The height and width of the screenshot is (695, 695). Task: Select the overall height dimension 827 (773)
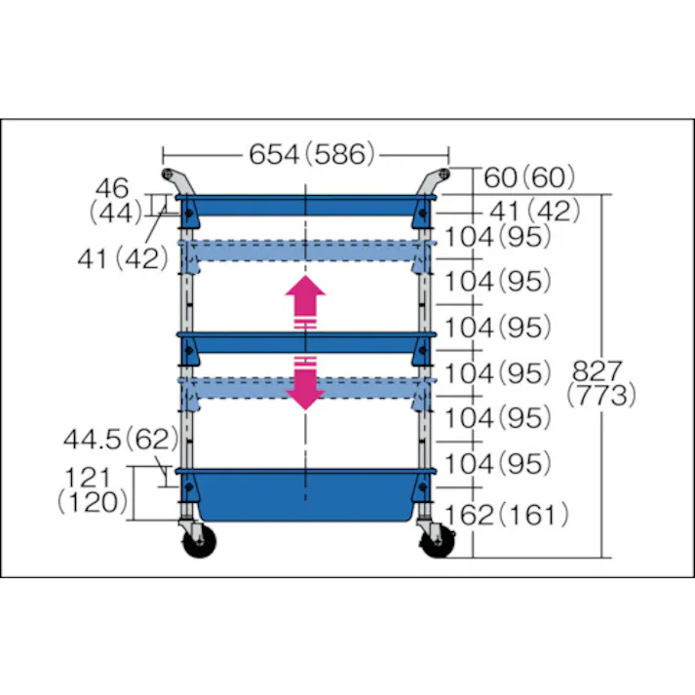pos(603,382)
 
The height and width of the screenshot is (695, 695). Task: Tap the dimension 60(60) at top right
pos(528,178)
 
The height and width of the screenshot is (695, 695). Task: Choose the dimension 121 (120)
pos(94,489)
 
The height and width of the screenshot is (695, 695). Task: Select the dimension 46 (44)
pos(116,199)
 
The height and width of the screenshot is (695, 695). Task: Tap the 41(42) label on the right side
pos(534,210)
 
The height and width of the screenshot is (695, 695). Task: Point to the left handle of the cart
pos(175,181)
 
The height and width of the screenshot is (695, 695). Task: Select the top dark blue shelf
pos(305,206)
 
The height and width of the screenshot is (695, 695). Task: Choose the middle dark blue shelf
pos(305,341)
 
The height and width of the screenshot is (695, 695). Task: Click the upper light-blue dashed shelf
pos(305,252)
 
